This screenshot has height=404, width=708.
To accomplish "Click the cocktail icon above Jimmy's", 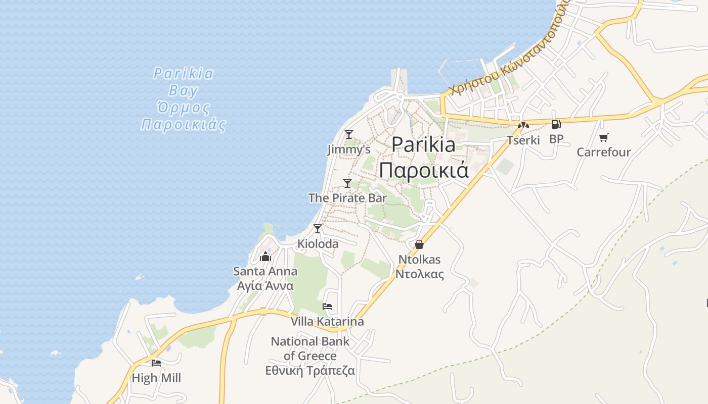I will click(348, 134).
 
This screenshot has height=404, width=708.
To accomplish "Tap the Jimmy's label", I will click(348, 149).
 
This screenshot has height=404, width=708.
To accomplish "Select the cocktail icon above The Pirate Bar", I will click(347, 183).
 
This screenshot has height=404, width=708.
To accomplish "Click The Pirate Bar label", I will click(347, 198).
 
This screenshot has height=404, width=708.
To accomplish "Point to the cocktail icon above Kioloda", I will click(318, 229).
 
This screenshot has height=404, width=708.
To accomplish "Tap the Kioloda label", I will click(318, 244).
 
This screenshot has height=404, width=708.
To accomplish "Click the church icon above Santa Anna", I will click(265, 257).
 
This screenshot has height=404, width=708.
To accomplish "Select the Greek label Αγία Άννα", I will click(265, 286).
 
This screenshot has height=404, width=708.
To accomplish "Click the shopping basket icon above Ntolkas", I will click(419, 244).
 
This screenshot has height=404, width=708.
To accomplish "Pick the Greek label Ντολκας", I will click(419, 274).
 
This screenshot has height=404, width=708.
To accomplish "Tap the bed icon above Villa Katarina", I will click(327, 307).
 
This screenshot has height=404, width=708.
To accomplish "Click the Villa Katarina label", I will click(327, 322).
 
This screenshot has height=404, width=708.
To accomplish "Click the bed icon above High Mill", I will click(156, 363).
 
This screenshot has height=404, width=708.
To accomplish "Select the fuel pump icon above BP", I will click(556, 124).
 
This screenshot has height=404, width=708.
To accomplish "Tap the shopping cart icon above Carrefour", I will click(603, 137).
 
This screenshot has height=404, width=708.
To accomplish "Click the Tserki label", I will click(523, 140).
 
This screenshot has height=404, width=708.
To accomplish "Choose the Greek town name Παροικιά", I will click(424, 170).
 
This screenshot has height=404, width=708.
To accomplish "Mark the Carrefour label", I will click(603, 152).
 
